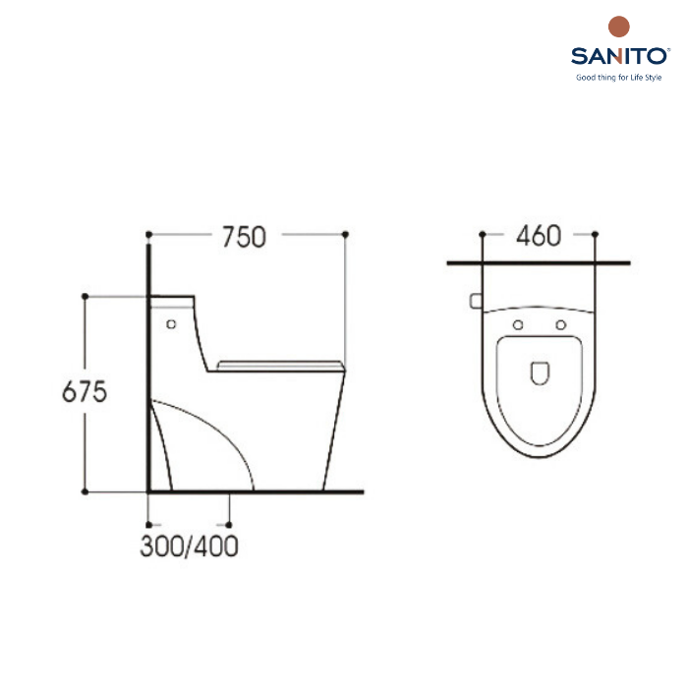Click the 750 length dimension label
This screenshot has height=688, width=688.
coord(244,237)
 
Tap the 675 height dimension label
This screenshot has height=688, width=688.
coord(85,391)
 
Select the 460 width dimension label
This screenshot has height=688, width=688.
coord(539,236)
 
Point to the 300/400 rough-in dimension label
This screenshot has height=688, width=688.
coord(189,546)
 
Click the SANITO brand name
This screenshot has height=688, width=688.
coord(618,57)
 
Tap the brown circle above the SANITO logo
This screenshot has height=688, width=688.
coord(619,27)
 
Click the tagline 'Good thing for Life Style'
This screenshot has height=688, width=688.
coord(618,78)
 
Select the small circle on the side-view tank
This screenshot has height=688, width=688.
coord(171,324)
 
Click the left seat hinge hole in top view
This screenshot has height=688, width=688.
coord(518,324)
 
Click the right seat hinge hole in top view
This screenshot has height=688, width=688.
coord(561,324)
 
